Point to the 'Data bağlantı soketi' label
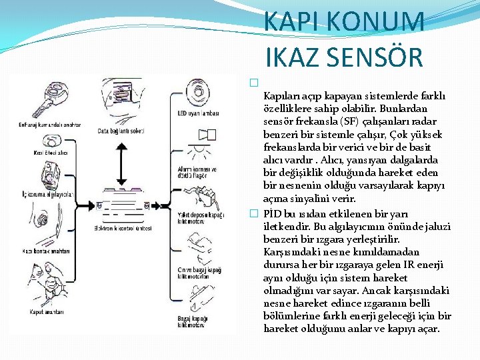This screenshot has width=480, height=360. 122,131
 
